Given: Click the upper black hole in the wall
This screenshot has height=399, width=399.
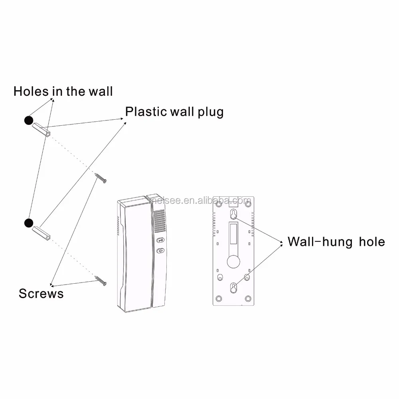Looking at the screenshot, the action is click(x=28, y=120).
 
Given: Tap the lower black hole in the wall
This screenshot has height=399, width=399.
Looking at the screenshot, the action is click(x=28, y=223).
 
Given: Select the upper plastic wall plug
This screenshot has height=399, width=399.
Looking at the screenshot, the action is click(x=41, y=130).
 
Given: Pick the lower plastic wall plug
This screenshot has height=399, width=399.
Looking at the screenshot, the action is click(x=42, y=232).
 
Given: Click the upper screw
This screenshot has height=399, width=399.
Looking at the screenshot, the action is click(x=101, y=178).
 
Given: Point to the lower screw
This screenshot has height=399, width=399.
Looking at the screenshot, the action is click(x=101, y=280).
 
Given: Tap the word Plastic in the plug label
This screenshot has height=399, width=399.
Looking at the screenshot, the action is click(x=146, y=111).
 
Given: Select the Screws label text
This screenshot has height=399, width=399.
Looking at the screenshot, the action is click(x=41, y=294).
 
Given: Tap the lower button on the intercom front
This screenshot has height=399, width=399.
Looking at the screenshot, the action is click(x=160, y=251).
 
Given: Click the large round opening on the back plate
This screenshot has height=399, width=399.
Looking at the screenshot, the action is click(x=232, y=262).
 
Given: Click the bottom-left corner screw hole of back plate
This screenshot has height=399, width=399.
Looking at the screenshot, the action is click(x=218, y=298).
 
